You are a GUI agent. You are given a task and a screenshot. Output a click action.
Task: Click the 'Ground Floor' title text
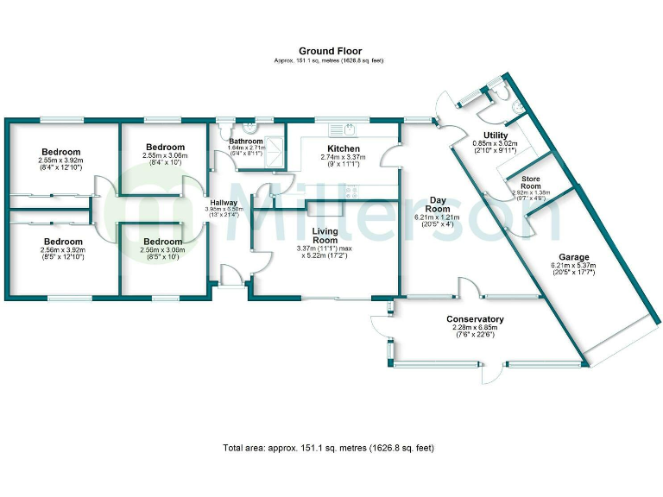click(x=330, y=51)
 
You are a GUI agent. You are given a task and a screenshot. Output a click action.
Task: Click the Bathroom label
click(x=245, y=141)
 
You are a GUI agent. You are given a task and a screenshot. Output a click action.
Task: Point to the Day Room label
click(x=438, y=204)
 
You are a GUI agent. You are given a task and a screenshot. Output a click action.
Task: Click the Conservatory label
click(x=477, y=319)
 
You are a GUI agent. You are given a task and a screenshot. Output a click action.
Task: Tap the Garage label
click(x=574, y=256)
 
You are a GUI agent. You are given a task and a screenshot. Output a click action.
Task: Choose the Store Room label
click(x=530, y=183)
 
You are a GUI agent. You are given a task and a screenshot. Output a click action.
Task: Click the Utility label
click(x=496, y=135)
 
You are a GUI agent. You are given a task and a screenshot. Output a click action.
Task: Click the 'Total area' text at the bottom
click(x=327, y=449)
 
